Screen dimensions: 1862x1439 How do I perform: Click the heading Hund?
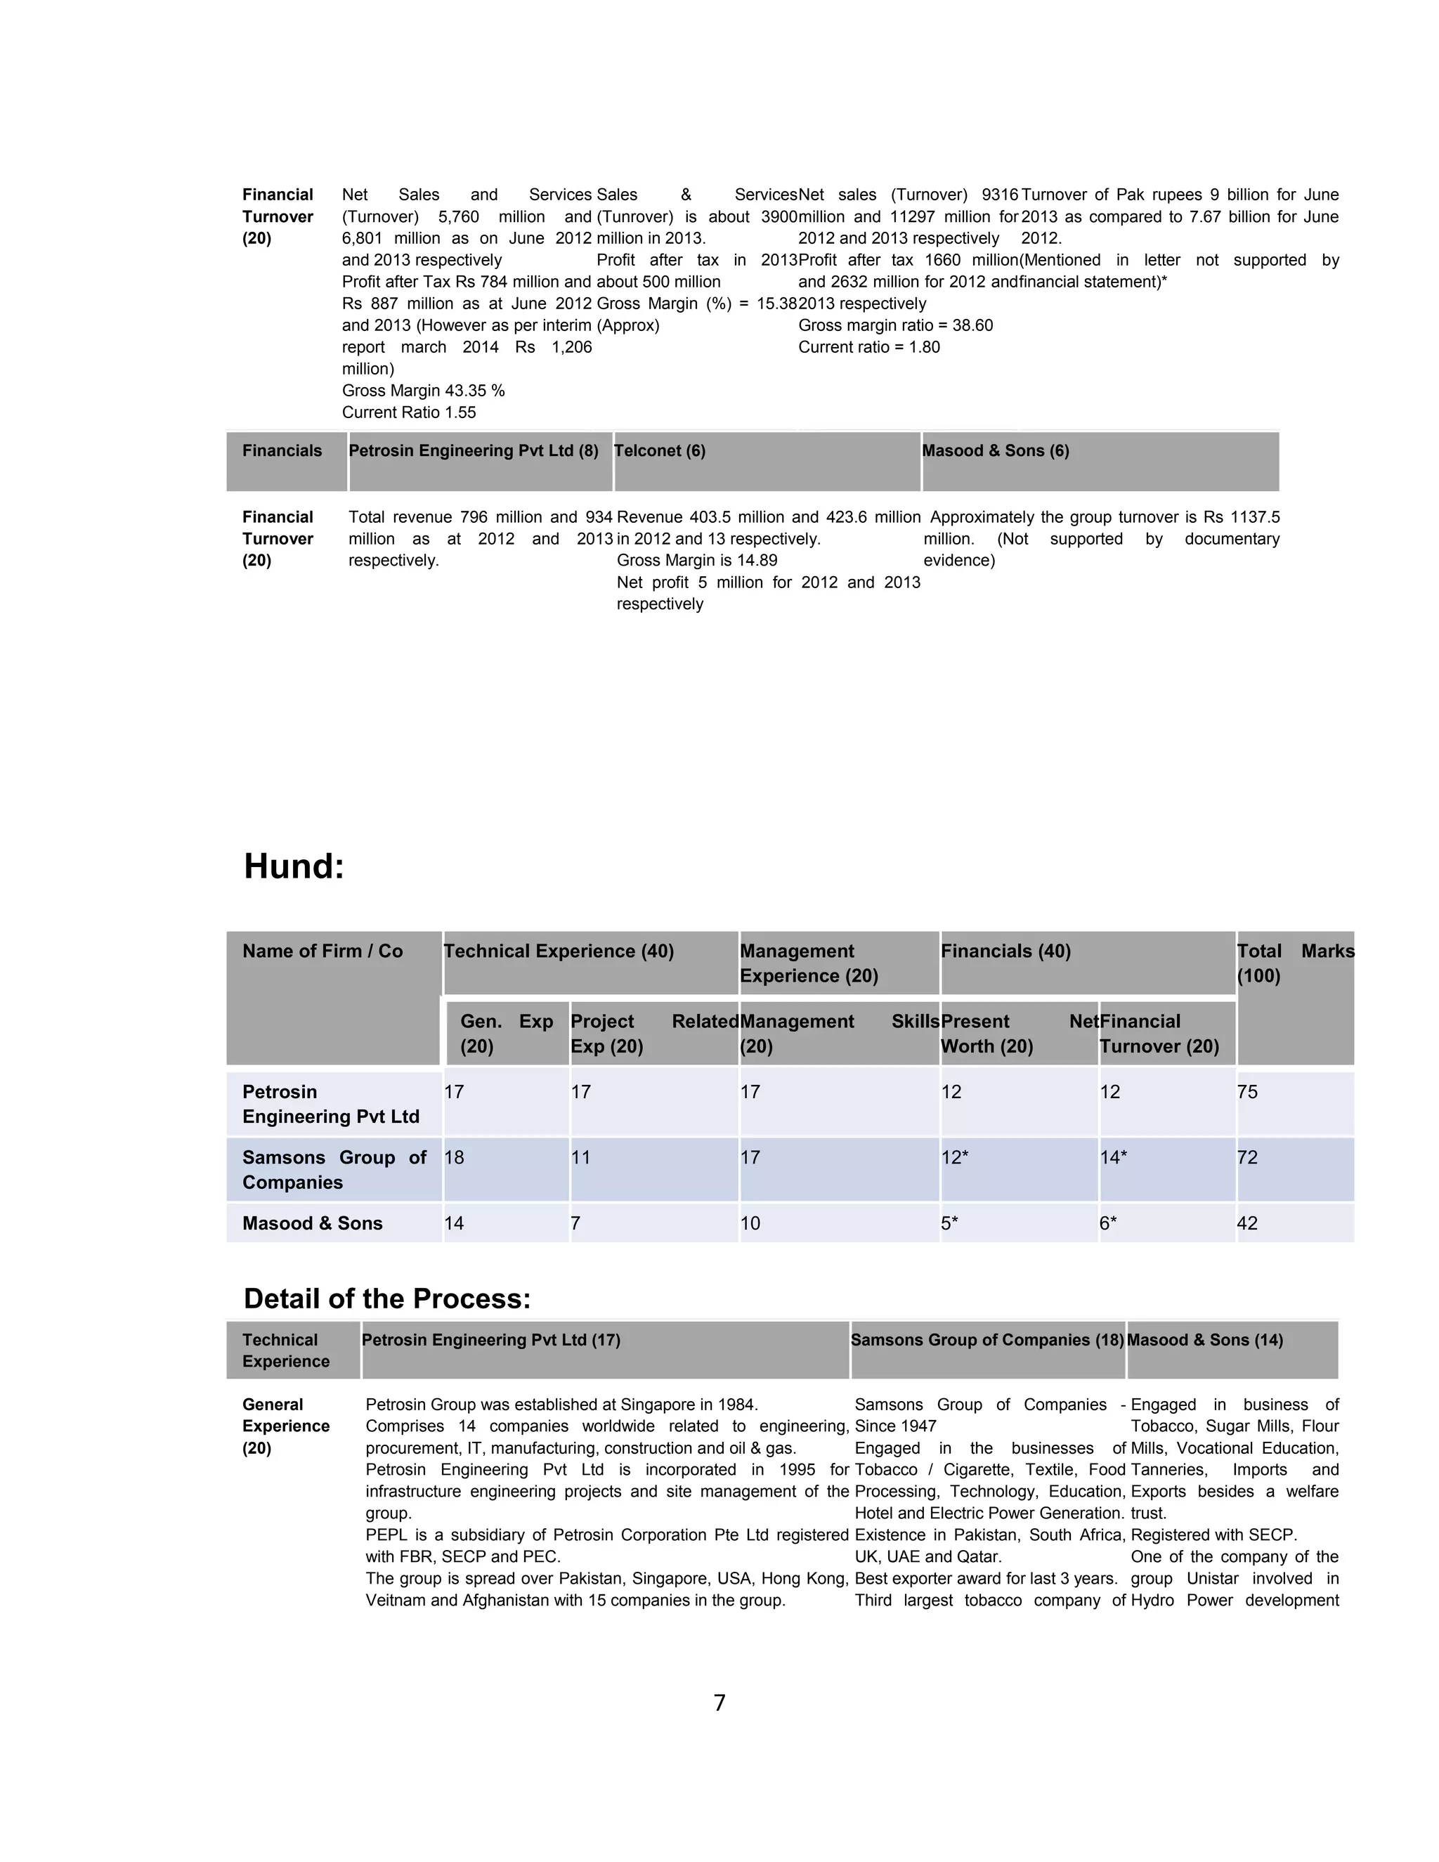point(294,867)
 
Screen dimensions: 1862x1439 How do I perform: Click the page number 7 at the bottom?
point(719,1703)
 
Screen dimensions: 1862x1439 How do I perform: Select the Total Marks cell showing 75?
point(1247,1092)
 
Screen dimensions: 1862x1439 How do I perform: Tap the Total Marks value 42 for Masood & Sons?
point(1247,1223)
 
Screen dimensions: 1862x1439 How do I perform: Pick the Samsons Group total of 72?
point(1247,1158)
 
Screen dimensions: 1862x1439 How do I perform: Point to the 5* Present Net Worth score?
point(950,1223)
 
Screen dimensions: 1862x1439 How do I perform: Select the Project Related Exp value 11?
point(580,1158)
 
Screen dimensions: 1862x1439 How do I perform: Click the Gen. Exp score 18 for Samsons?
point(455,1158)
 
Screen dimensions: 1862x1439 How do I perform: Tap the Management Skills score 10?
point(750,1223)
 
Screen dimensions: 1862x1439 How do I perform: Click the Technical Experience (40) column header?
point(559,951)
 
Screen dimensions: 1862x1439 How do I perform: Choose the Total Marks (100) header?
point(1295,963)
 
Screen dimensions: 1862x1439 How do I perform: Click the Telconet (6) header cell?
point(660,451)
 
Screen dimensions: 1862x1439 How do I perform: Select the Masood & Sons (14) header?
point(1204,1340)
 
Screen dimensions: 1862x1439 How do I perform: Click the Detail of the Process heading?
point(387,1298)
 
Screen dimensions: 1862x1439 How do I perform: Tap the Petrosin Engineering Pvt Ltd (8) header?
point(473,451)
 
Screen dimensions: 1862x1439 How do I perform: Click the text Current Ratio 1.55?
point(409,412)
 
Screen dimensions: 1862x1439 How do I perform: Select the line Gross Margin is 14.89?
point(696,560)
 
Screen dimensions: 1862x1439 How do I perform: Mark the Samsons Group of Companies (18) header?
point(987,1340)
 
